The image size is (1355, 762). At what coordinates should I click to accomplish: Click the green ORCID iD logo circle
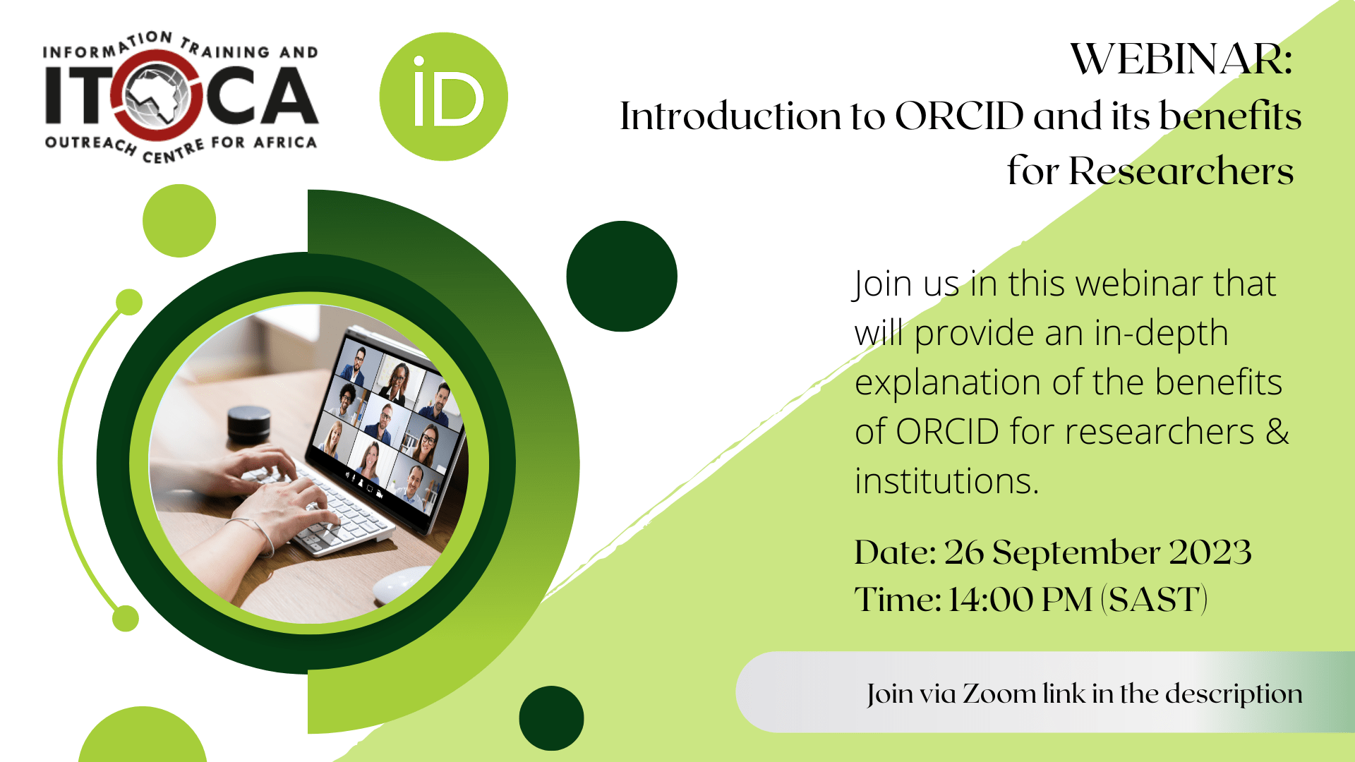[443, 97]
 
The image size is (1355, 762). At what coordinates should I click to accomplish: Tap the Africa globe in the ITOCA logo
[158, 96]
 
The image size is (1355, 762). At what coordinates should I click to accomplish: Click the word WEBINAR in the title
[1181, 59]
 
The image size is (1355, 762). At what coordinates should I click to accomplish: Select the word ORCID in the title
[959, 116]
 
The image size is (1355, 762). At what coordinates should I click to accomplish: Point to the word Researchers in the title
[1181, 171]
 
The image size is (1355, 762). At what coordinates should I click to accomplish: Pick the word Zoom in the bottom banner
[999, 694]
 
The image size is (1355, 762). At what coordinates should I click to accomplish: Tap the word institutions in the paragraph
[946, 481]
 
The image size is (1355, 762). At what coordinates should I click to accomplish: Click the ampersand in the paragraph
[1277, 431]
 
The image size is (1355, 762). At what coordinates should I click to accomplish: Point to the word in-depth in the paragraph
[1162, 333]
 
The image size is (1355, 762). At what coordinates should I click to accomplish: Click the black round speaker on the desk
[248, 425]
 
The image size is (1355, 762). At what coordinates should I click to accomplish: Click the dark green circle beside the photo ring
[622, 276]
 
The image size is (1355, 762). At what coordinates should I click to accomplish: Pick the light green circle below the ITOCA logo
[179, 221]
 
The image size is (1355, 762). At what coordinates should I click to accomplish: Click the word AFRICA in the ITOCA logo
[285, 143]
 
